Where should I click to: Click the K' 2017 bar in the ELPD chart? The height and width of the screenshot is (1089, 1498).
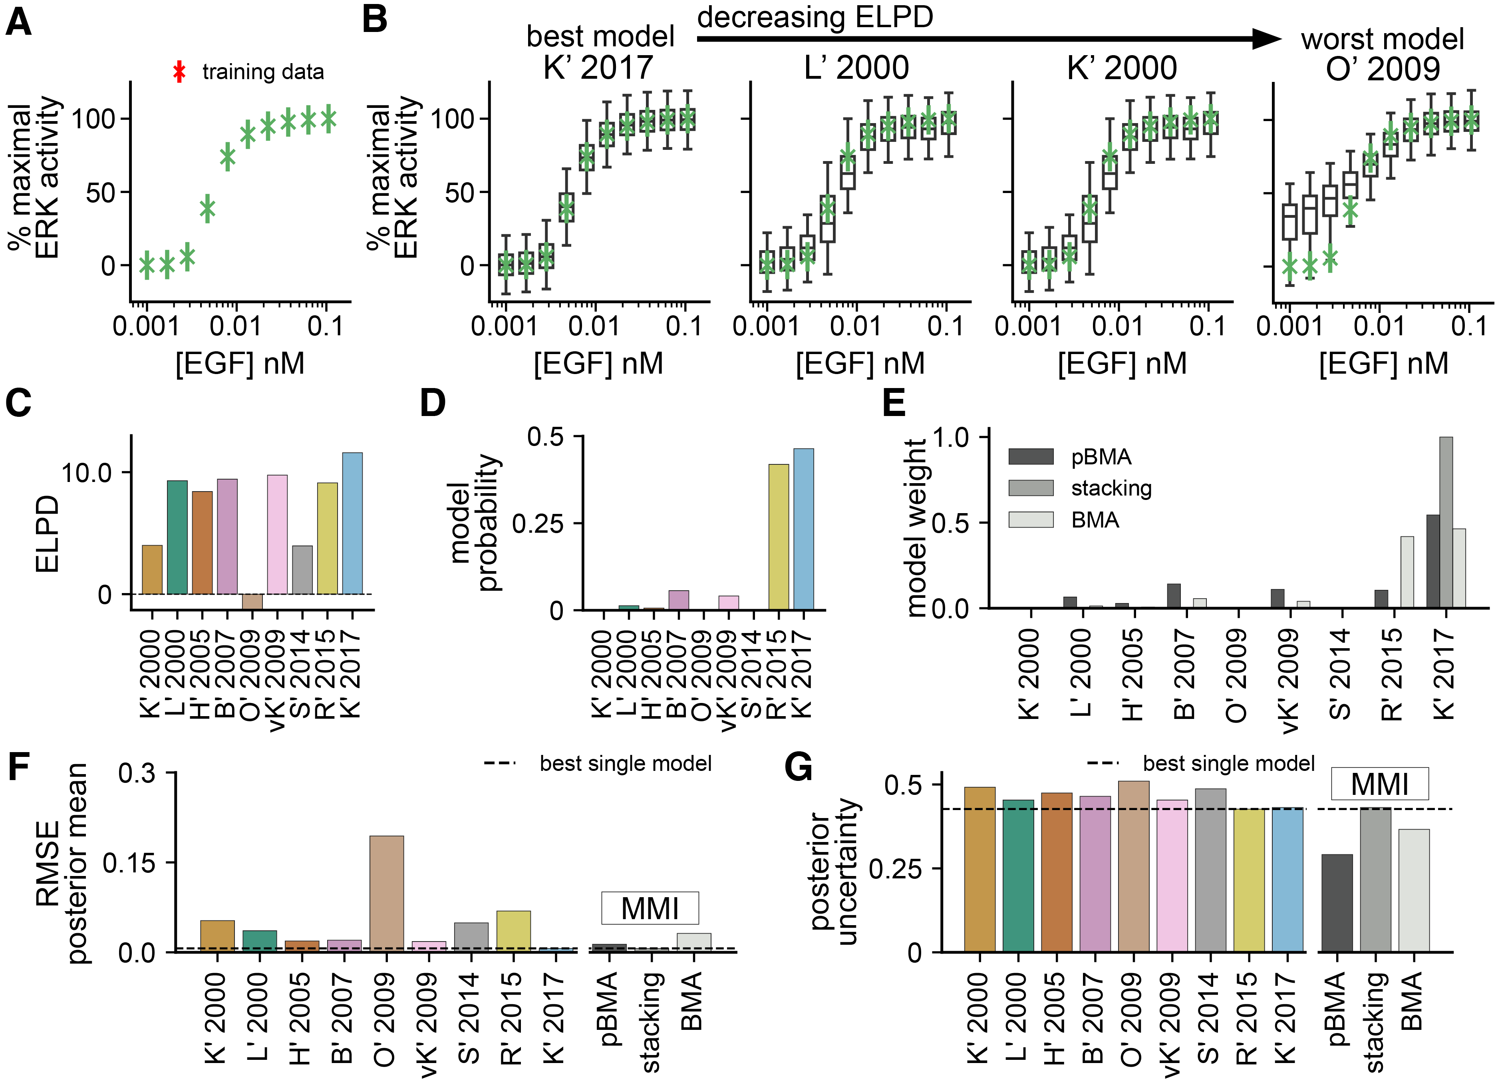click(x=352, y=524)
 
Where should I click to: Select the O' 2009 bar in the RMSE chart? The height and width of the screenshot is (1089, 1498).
click(x=386, y=894)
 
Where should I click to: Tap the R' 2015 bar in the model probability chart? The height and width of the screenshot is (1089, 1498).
click(x=778, y=537)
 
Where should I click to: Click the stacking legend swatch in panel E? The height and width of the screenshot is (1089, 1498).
click(x=1030, y=488)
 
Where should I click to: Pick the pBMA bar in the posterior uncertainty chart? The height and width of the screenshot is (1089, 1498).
click(x=1336, y=903)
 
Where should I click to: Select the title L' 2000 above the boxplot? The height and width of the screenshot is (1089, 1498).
click(x=857, y=68)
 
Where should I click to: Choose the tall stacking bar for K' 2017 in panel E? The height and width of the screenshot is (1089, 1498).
click(x=1446, y=522)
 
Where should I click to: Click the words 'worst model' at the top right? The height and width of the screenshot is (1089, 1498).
click(x=1383, y=39)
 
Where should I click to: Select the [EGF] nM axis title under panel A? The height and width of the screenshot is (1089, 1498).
click(x=240, y=363)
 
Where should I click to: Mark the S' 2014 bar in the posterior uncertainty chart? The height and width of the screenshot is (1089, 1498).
click(x=1210, y=870)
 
